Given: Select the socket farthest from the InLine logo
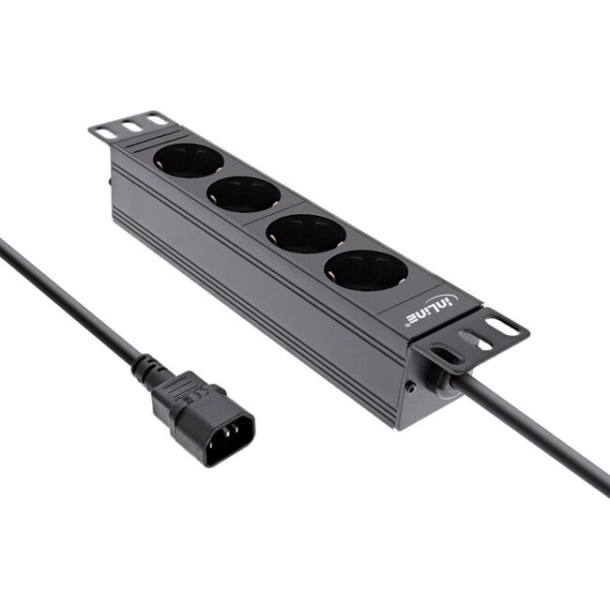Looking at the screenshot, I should point(188,160).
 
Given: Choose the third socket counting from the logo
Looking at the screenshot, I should point(243,193).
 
